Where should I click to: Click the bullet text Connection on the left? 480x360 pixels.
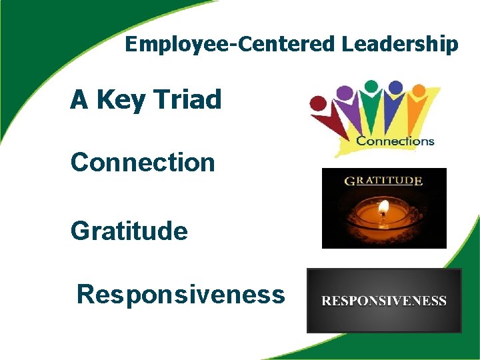(x=143, y=162)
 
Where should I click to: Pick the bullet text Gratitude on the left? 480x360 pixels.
(x=129, y=231)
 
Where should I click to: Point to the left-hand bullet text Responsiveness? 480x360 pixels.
(x=181, y=293)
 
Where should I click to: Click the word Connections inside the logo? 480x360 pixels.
(x=395, y=141)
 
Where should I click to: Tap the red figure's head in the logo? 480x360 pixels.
(x=319, y=103)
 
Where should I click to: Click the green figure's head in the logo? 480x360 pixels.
(x=371, y=86)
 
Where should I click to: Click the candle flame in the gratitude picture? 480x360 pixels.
(x=383, y=209)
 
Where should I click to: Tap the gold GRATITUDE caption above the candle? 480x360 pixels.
(x=383, y=180)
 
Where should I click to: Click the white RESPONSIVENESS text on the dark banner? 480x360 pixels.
(x=384, y=301)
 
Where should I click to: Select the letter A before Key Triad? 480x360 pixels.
(x=79, y=100)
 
